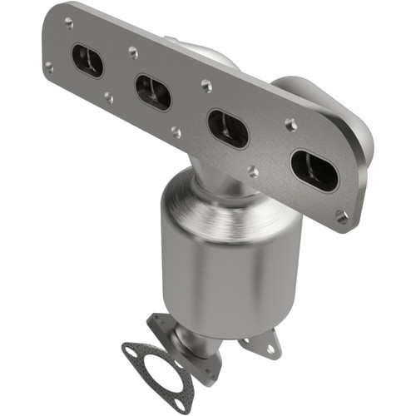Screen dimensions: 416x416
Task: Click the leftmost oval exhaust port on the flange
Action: pyautogui.click(x=87, y=61)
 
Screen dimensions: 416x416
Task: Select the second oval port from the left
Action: pyautogui.click(x=153, y=92)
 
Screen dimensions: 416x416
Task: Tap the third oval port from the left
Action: pyautogui.click(x=227, y=126)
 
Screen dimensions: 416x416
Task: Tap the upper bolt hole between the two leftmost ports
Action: pyautogui.click(x=133, y=52)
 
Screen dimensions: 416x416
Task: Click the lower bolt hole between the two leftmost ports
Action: pyautogui.click(x=109, y=97)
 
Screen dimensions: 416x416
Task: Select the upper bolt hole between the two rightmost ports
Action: pyautogui.click(x=290, y=124)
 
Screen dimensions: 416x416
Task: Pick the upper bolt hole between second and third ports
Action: pyautogui.click(x=206, y=84)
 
